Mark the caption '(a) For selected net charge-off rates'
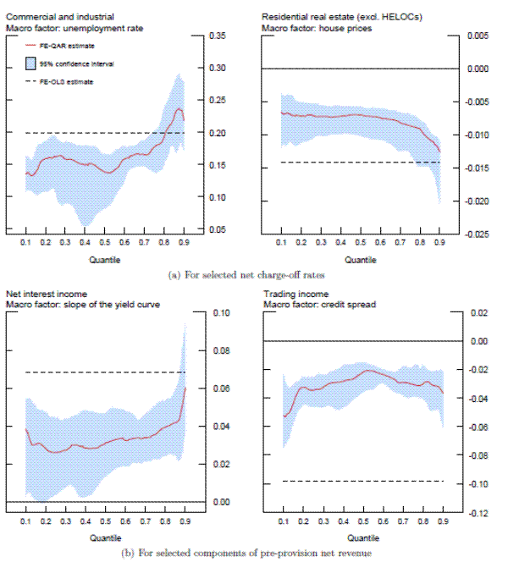(x=253, y=275)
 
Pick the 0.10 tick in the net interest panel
(x=219, y=313)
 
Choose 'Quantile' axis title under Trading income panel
(x=362, y=538)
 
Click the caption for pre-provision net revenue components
(x=253, y=553)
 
